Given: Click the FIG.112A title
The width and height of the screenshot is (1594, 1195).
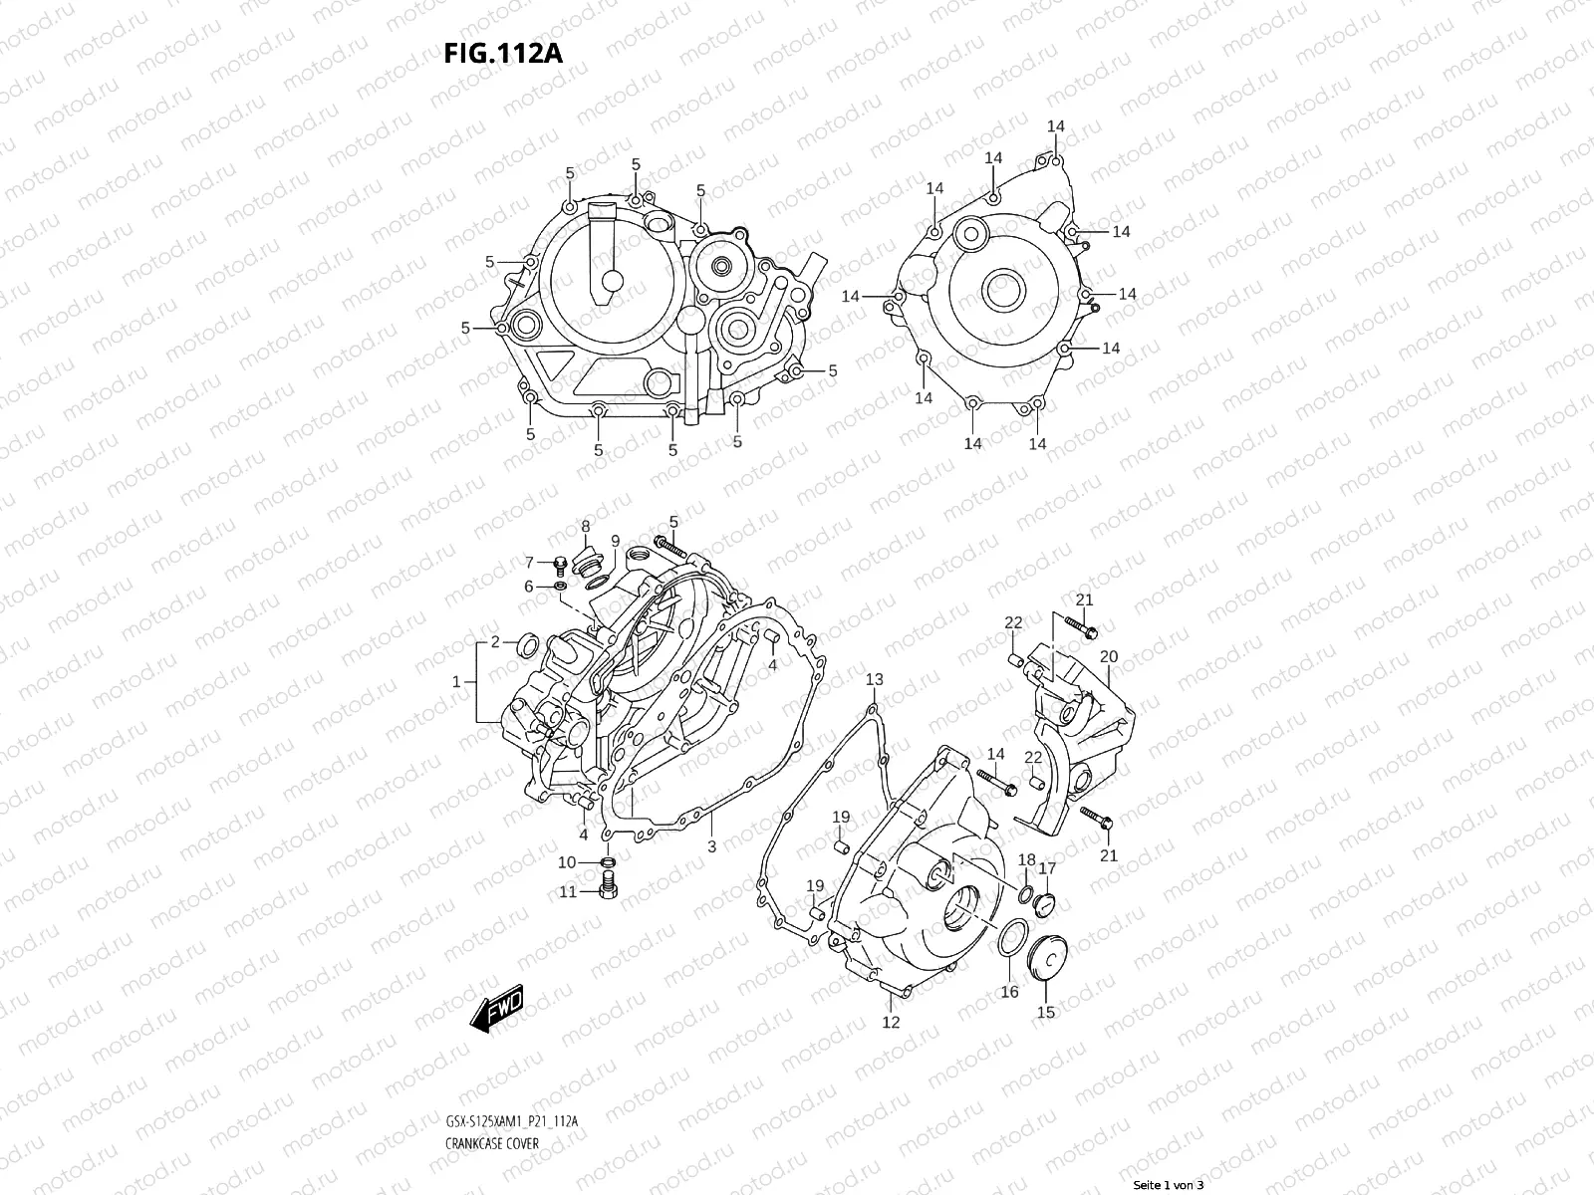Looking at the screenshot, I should [x=503, y=54].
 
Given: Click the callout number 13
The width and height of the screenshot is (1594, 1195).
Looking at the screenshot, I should [x=874, y=680].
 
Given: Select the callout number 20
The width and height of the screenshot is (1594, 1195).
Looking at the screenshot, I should [x=1109, y=657].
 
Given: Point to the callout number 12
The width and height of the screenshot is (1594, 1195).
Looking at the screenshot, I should [x=891, y=1022].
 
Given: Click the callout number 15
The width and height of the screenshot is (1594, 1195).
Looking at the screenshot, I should [x=1046, y=1013].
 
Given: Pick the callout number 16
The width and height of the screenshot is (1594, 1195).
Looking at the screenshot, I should [x=1009, y=992].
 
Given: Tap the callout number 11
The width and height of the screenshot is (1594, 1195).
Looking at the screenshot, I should [x=567, y=892].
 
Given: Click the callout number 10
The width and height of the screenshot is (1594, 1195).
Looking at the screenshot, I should [x=567, y=862].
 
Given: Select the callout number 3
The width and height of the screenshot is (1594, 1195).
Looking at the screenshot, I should [x=711, y=847].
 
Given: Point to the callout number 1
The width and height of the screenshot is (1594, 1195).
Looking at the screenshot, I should [x=456, y=682].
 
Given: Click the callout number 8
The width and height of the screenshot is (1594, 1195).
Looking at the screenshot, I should [x=586, y=526].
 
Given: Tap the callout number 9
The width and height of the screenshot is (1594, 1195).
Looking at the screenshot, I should [x=616, y=541].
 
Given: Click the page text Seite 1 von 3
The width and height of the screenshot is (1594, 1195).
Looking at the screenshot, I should [x=1169, y=1185].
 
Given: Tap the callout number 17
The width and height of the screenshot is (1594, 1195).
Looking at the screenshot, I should [x=1047, y=869].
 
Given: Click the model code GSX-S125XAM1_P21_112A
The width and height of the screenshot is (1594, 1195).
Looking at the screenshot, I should [x=512, y=1121].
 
